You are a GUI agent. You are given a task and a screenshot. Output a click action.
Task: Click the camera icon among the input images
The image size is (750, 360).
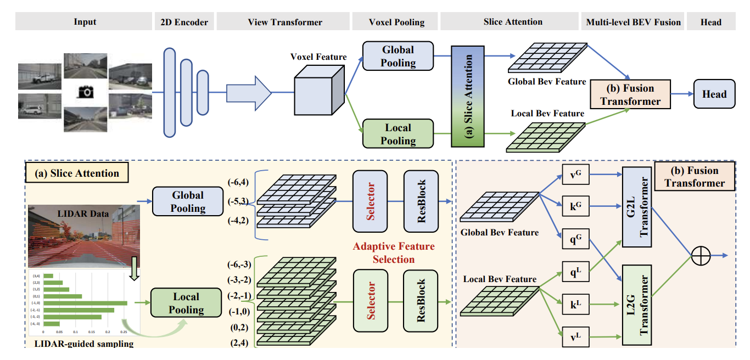(86, 92)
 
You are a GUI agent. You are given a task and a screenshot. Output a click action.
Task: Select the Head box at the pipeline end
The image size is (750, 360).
(714, 94)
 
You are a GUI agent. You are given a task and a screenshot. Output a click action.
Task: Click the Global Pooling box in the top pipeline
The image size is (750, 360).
(398, 56)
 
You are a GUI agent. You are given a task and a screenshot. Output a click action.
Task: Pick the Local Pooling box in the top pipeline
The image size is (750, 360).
(398, 134)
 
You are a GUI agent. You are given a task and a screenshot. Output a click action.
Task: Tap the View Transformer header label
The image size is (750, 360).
(285, 22)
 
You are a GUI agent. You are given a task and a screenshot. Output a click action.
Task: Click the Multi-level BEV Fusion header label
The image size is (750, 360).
(633, 22)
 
